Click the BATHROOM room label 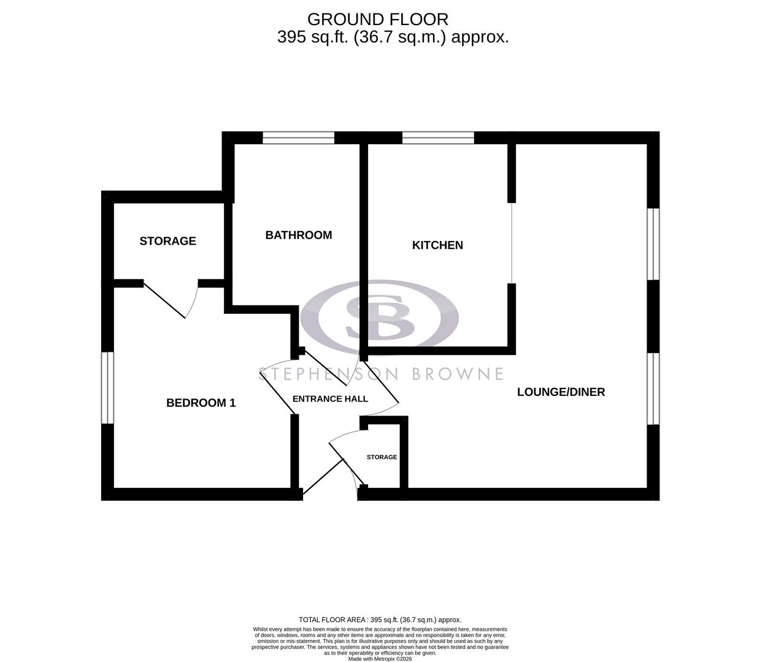pos(298,235)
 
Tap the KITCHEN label pos(437,245)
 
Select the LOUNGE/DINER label pos(561,392)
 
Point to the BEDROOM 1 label pos(201,403)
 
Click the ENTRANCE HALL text pos(330,399)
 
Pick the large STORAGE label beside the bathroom pos(167,241)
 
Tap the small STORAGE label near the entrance pos(382,457)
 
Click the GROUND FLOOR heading pos(377,19)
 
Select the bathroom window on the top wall pos(298,138)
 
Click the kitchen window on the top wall pos(437,138)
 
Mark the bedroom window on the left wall pos(108,387)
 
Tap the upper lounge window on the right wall pos(654,244)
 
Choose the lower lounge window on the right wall pos(654,388)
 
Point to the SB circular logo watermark pos(380,318)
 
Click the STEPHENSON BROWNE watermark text pos(380,374)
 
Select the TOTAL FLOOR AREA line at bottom pos(380,620)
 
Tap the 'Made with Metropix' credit pos(380,659)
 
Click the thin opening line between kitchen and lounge pos(512,243)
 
